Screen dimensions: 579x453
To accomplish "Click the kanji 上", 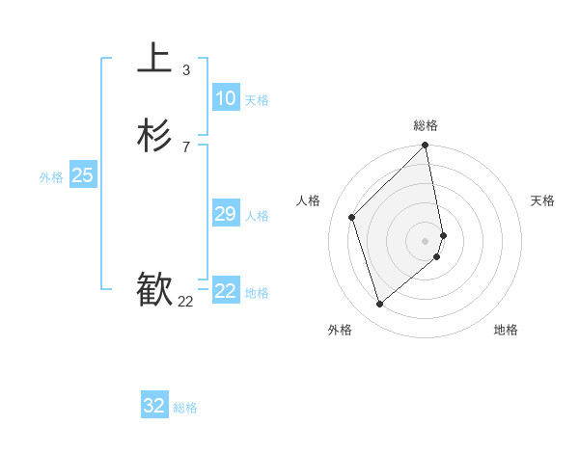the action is pos(154,58).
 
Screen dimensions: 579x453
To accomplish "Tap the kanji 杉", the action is pos(154,136).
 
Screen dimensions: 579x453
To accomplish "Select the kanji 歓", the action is pos(154,290).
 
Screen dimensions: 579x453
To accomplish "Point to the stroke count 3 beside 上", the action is pos(185,69).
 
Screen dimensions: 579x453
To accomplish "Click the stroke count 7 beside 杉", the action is pos(185,147).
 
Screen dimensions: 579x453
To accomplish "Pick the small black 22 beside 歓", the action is pos(185,302).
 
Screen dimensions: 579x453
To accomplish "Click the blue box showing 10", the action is pos(225,98).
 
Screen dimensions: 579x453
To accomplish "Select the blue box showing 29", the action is pos(225,214).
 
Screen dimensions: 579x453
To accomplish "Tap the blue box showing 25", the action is pos(83,175).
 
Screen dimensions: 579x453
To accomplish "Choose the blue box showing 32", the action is pos(154,406).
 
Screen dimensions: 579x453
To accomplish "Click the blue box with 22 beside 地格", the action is pos(226,291).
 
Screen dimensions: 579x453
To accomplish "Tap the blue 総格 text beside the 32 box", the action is pos(185,408).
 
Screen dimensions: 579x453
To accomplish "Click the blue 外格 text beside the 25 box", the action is pos(51,177).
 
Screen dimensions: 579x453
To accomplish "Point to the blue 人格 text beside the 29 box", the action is pos(257,216).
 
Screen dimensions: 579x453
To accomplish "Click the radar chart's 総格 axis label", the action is pos(426,125).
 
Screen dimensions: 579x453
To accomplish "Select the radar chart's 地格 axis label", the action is pos(506,330).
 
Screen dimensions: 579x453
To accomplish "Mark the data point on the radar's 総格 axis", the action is pos(426,147).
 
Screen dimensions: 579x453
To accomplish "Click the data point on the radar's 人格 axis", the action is pos(352,217).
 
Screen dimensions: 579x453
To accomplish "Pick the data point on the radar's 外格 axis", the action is pos(379,305).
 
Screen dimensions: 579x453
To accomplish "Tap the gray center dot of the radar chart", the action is pos(426,240).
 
